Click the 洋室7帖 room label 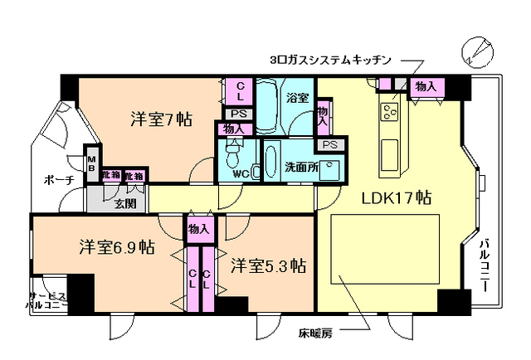pos(161,119)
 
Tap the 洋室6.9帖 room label pos(117,246)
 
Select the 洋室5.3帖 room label pos(268,266)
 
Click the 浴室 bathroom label pos(298,98)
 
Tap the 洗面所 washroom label pos(300,165)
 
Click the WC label pos(241,174)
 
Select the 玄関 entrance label pos(126,203)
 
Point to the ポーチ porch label pos(56,180)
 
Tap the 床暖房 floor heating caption pos(315,334)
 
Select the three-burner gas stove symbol pos(390,109)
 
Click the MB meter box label pos(93,163)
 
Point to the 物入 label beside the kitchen pos(427,87)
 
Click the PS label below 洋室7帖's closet pos(238,114)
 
